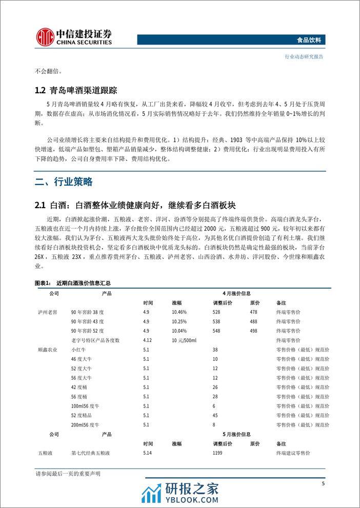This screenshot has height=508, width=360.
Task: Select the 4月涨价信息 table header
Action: [x=236, y=293]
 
